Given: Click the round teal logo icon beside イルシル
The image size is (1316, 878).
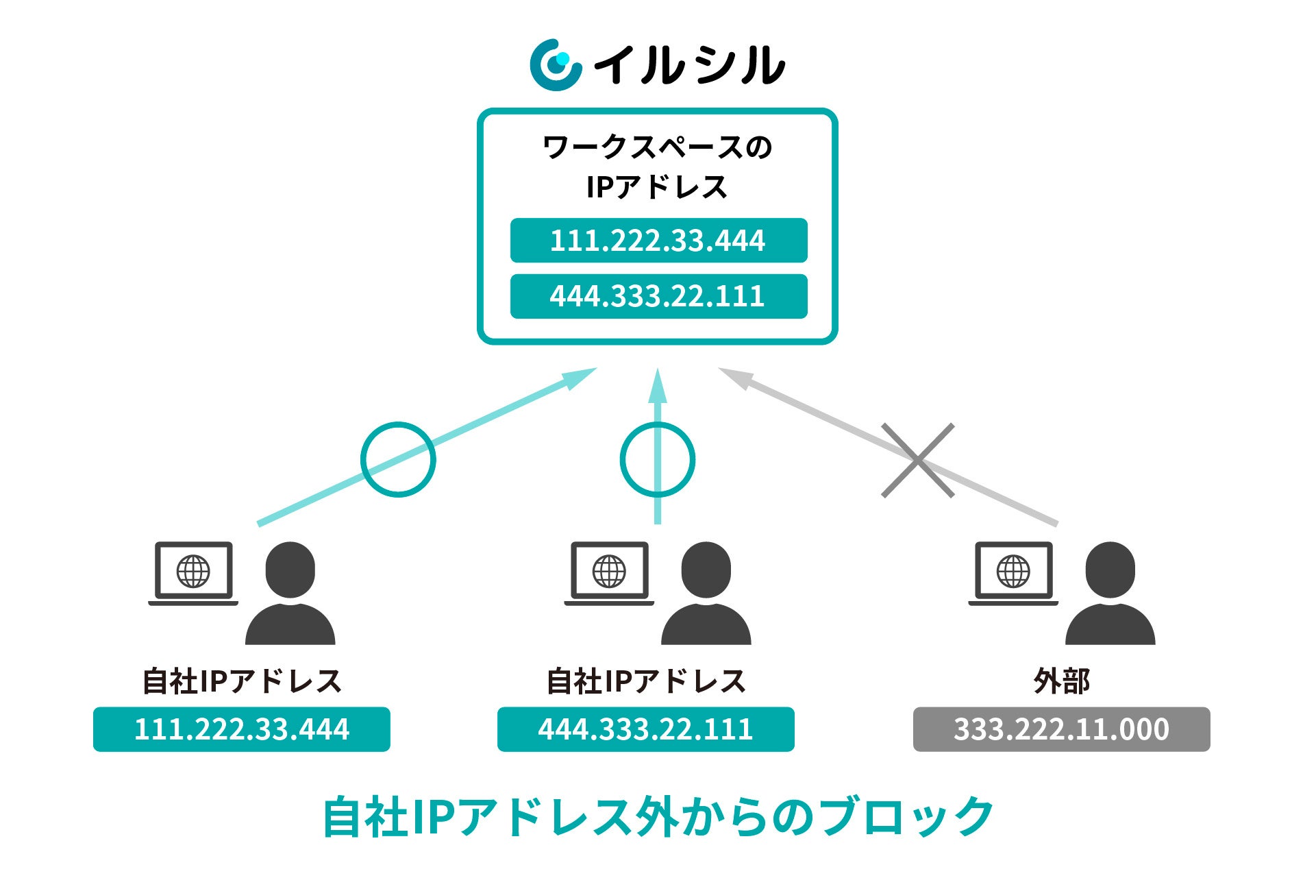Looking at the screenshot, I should pos(555,65).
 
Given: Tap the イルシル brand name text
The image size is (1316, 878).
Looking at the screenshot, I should pos(688,66).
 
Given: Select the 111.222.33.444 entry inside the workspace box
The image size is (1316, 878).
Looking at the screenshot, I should pos(658,241).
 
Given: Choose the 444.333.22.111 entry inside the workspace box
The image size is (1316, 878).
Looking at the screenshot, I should pos(658,296).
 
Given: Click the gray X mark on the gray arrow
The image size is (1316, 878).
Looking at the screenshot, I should pos(917,460).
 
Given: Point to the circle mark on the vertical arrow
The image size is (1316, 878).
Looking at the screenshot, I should pos(658,459).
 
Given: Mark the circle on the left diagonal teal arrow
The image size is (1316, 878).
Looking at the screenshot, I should pos(398,459).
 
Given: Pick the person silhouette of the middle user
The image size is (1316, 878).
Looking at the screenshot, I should pos(706,594).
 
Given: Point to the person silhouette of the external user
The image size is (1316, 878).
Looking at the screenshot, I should pos(1110,594).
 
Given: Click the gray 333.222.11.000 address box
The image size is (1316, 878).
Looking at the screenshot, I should pos(1061,729).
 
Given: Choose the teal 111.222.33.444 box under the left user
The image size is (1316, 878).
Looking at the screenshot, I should pos(242,729).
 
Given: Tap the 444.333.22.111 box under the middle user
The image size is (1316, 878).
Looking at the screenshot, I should pos(645,729).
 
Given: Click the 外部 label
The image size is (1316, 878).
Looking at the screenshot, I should pos(1061,681).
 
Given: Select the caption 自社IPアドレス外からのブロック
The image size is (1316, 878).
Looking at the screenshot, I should pos(658,816).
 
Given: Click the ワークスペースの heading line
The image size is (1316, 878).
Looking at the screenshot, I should pos(658,147).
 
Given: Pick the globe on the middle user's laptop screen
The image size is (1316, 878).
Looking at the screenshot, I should pos(609,571).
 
